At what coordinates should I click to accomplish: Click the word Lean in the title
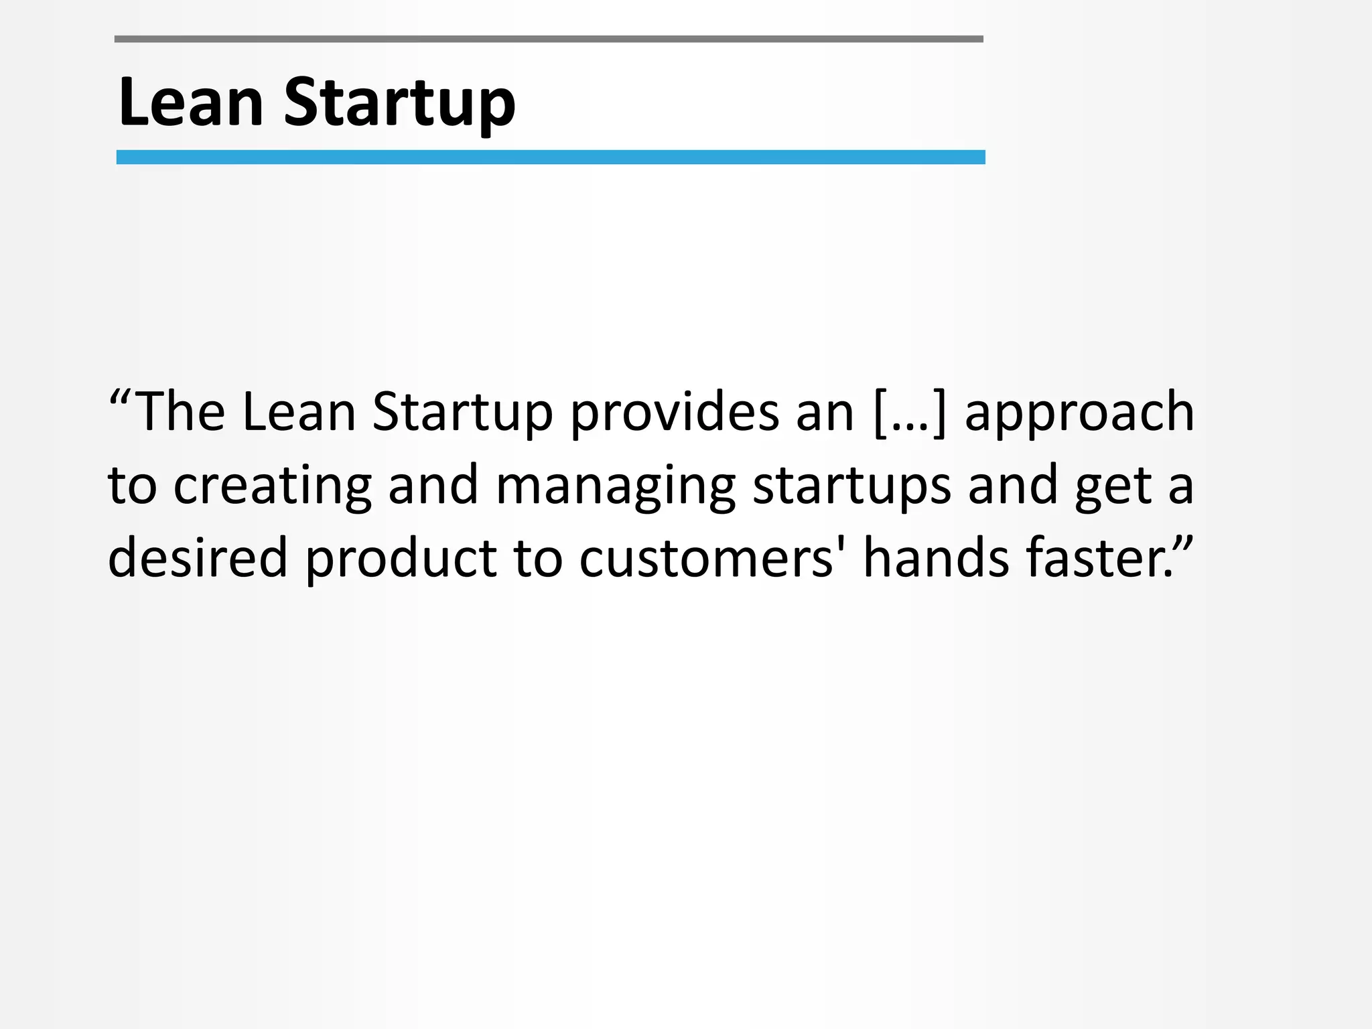190,102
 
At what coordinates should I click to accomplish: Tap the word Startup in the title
399,104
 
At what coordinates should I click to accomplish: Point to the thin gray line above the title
549,40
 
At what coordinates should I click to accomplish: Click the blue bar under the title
551,157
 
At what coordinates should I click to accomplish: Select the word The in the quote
180,411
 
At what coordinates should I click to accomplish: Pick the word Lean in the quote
299,411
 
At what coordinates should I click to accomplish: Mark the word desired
198,558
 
